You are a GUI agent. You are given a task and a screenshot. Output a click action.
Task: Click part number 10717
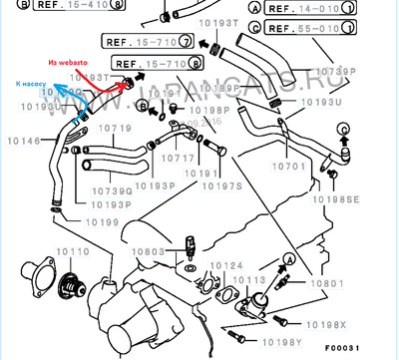coord(179,158)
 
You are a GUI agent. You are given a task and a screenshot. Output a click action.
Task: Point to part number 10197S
coord(222,185)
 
